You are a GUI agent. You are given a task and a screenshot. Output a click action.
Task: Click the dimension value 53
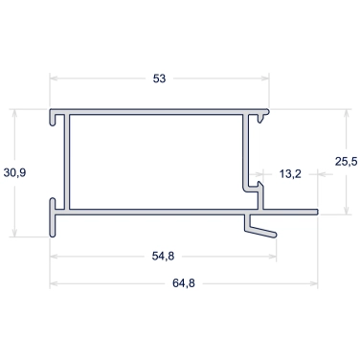click(159, 79)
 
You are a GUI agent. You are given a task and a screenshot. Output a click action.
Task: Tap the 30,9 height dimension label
click(14, 173)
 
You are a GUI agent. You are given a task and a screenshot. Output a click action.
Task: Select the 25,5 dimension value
click(347, 162)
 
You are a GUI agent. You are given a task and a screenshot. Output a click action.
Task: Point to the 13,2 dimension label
click(290, 174)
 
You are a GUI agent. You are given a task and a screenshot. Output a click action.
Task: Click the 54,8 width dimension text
click(163, 256)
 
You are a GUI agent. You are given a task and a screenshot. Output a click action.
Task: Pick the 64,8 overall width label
click(184, 283)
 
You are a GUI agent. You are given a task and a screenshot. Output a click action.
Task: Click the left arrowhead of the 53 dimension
click(54, 79)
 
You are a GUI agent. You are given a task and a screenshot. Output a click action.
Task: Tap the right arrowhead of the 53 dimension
click(265, 79)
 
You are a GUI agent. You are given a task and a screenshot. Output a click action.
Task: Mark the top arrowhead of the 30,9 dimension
click(14, 113)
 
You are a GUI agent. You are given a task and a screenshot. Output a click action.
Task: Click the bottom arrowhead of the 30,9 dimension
click(14, 233)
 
